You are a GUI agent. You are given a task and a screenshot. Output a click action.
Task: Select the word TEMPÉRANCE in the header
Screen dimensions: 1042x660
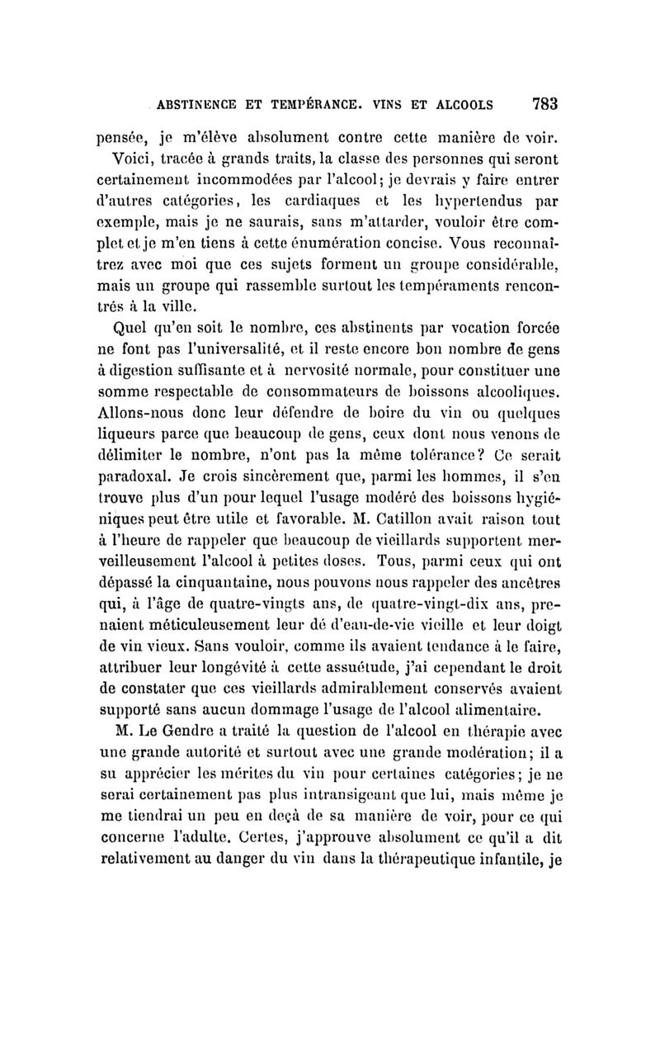click(313, 106)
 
